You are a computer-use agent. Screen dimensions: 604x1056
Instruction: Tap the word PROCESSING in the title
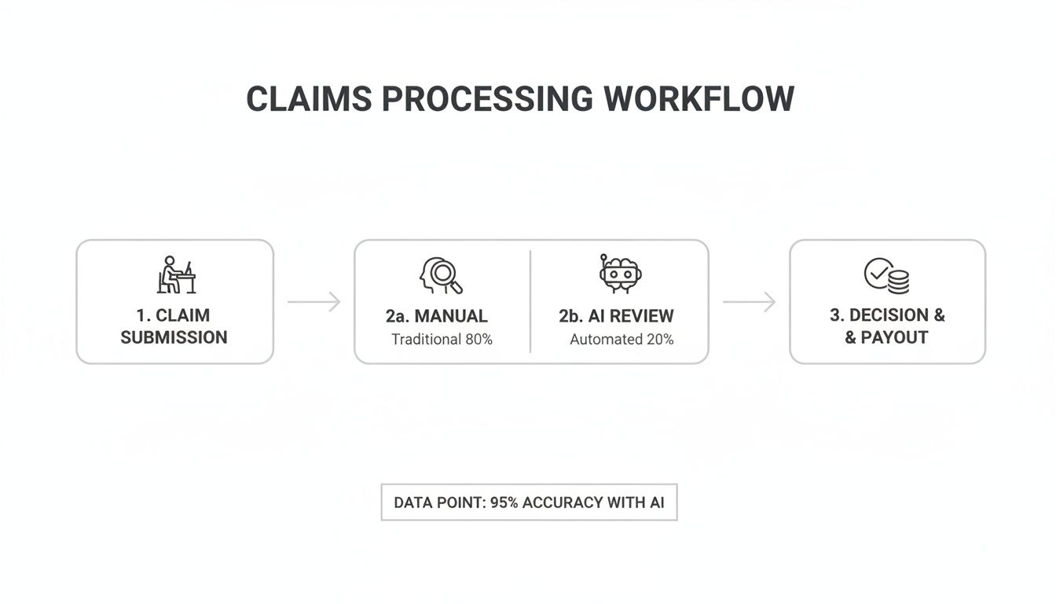coord(487,100)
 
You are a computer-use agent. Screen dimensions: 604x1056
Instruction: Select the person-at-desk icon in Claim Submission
coord(175,275)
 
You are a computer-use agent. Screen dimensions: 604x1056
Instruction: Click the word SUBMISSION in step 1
coord(174,337)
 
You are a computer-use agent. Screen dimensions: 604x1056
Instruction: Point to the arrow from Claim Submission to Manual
coord(313,302)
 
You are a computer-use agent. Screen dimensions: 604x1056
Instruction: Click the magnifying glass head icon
coord(440,276)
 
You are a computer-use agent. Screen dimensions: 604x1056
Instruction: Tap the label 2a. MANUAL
coord(436,316)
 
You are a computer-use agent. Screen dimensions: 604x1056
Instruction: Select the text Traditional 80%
coord(442,340)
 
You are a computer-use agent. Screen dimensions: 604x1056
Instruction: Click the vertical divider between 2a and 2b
coord(530,302)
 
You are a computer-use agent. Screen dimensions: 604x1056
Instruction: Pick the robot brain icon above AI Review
coord(620,274)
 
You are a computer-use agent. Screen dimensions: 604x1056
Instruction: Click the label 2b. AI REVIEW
coord(616,316)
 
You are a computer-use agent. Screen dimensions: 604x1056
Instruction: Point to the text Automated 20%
coord(621,340)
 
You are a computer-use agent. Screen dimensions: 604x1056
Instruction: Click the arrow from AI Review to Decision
coord(749,302)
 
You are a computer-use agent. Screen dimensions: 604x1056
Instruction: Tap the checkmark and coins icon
coord(887,276)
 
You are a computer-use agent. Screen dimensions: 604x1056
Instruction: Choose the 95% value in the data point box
coord(504,503)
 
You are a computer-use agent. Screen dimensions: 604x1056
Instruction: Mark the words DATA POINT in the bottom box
coord(438,503)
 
